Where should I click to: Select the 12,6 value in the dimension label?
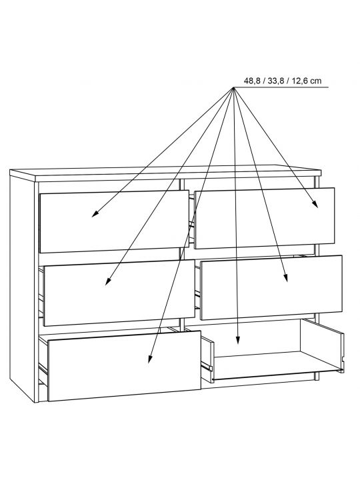pos(300,81)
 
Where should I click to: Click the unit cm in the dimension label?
pos(315,81)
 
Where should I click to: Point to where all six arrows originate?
pos(233,88)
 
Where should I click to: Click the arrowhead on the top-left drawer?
pos(95,214)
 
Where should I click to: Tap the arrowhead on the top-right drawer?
pos(315,205)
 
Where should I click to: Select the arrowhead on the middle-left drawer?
pos(107,281)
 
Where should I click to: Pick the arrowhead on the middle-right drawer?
pos(285,278)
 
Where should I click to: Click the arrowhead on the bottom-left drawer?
pos(150,359)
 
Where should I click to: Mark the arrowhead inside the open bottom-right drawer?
pos(238,341)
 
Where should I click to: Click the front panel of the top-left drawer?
pos(114,221)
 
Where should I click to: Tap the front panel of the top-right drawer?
pos(265,218)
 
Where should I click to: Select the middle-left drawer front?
pos(119,293)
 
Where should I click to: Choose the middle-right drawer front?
pos(271,288)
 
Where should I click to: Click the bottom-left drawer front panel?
pos(124,366)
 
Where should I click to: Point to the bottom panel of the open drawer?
pos(275,365)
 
